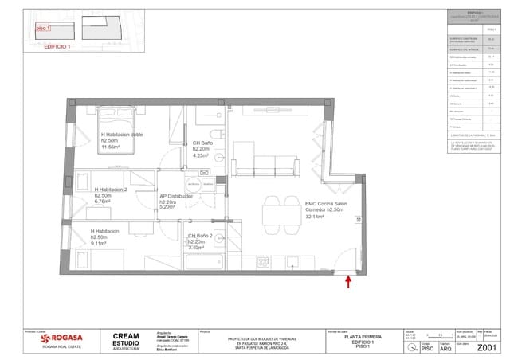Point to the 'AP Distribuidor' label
pos(178,196)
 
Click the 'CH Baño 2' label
pos(202,236)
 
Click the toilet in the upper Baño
pos(216,134)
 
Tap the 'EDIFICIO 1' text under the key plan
pos(57,47)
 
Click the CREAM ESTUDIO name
pos(127,340)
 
